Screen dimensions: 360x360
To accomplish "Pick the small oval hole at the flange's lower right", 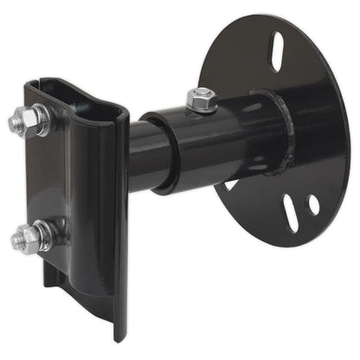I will click(313, 205).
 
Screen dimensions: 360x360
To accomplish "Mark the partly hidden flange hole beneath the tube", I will click(232, 183).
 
